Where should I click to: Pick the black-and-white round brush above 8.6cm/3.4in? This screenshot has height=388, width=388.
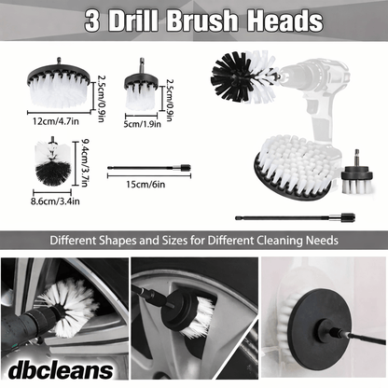point(44,162)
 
